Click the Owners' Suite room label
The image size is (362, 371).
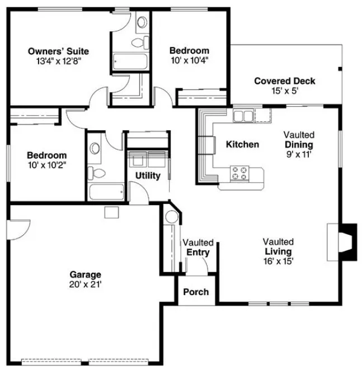click(58, 51)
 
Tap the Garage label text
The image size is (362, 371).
click(85, 274)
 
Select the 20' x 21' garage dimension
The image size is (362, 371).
click(85, 284)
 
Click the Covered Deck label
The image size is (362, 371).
click(284, 81)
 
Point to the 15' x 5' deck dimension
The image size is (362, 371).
click(284, 91)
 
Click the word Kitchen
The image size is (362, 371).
click(242, 145)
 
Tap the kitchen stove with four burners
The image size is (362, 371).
click(241, 173)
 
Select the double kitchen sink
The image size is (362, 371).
click(243, 116)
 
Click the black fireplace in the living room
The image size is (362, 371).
click(349, 241)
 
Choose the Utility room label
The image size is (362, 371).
click(148, 175)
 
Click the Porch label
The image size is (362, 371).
click(196, 292)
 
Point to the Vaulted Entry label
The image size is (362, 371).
click(198, 248)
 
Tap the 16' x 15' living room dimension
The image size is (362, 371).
click(279, 260)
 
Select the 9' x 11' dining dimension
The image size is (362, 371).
click(298, 154)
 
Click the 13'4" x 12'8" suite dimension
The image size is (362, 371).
click(58, 61)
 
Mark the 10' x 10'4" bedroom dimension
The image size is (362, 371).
click(190, 60)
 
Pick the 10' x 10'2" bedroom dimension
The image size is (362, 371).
click(47, 165)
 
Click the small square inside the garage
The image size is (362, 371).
click(111, 212)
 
